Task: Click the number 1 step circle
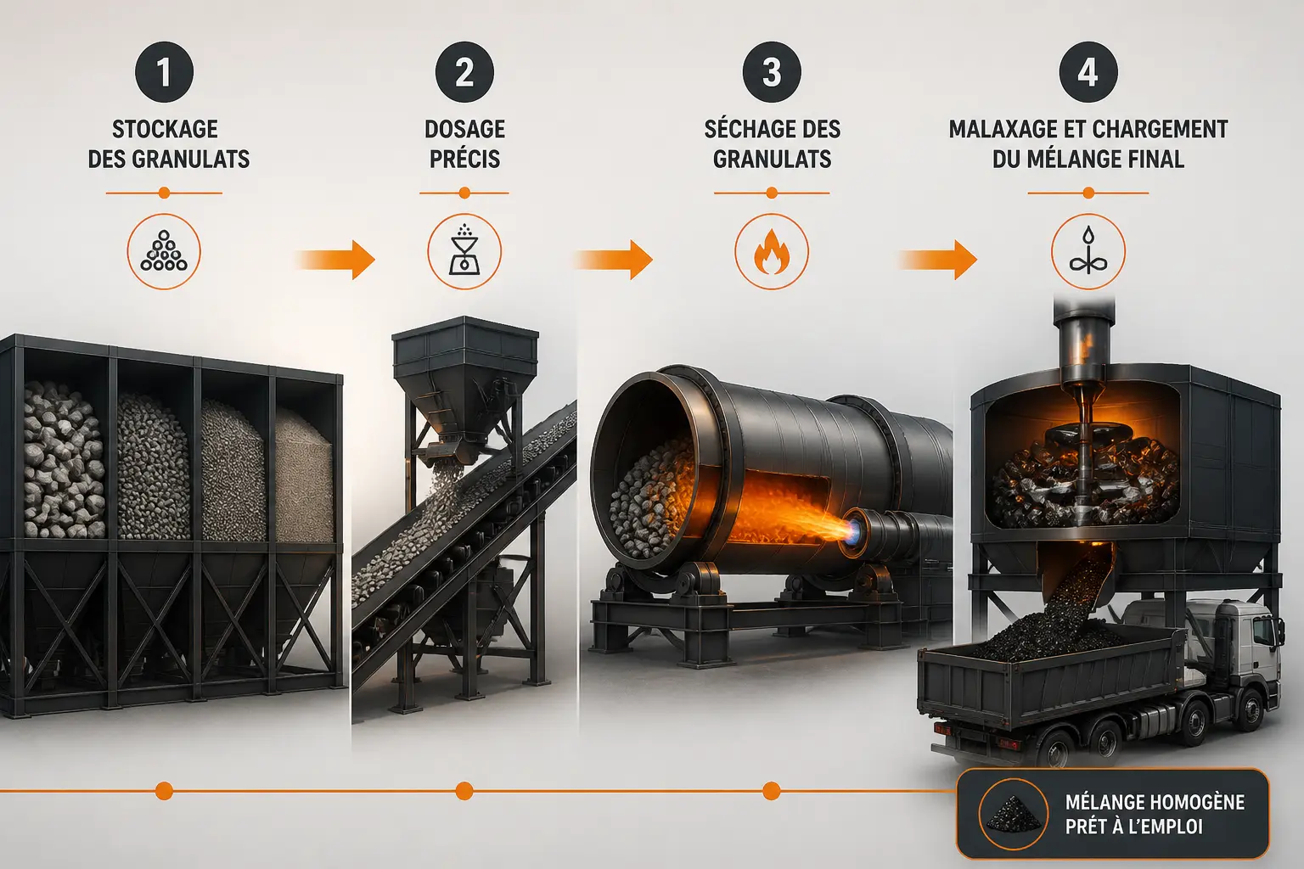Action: tap(164, 72)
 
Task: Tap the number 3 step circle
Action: tap(772, 72)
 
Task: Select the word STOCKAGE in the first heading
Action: tap(165, 129)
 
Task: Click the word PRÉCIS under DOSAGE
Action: tap(464, 159)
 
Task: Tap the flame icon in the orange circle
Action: tap(772, 251)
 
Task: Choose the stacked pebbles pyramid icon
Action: tap(164, 251)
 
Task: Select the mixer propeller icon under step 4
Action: tap(1088, 251)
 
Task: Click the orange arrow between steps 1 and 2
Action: tap(335, 260)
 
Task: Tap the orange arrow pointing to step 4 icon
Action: tap(937, 260)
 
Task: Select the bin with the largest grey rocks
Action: tap(63, 460)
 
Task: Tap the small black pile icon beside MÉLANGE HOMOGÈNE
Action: tap(1013, 813)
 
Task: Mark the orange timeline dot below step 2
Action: tap(464, 791)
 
